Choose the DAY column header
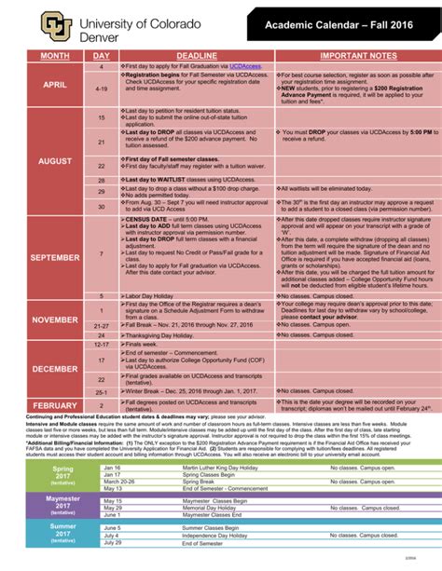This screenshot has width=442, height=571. tap(102, 56)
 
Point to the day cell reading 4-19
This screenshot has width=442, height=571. tap(102, 89)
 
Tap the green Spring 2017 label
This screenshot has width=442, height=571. tap(62, 452)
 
